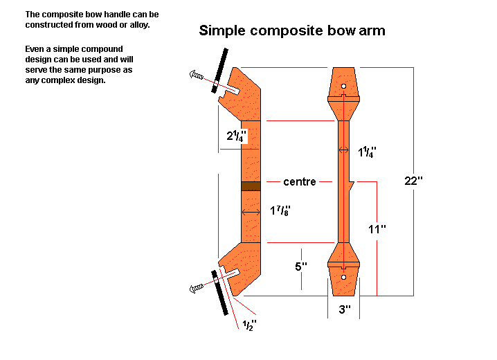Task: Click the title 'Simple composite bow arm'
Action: [292, 30]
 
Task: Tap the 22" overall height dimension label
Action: [413, 181]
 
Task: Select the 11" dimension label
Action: [377, 228]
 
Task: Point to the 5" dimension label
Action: [301, 267]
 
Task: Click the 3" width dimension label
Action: [345, 309]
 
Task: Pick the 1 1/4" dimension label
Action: [367, 152]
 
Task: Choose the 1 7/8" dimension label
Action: [280, 210]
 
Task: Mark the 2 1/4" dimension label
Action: [236, 136]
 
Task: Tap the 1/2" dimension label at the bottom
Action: [249, 325]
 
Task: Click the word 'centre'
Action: [300, 181]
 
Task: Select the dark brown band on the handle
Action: [251, 186]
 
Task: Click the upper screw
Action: [196, 75]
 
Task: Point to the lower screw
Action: [196, 288]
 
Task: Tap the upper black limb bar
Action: [219, 71]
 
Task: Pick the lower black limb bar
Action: [219, 292]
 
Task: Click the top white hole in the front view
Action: [343, 87]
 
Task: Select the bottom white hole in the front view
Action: [343, 278]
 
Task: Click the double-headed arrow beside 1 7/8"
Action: [251, 212]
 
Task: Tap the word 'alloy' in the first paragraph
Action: [139, 25]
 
